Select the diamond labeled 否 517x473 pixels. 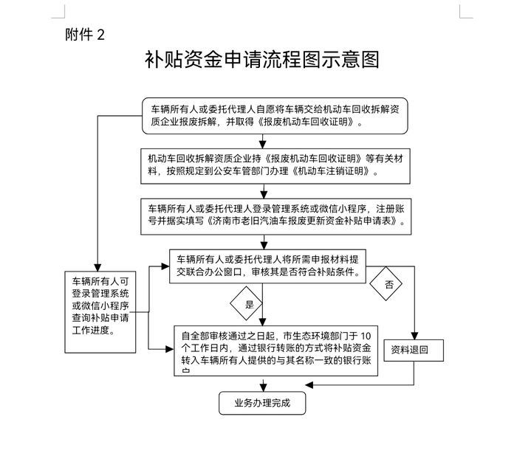click(389, 283)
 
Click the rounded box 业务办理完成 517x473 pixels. click(262, 403)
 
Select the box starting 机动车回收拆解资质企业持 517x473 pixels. click(275, 165)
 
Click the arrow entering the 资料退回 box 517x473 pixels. click(413, 332)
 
